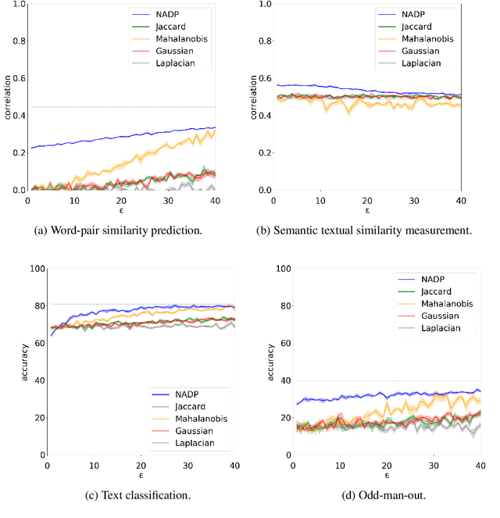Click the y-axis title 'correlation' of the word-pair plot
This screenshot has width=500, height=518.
point(8,97)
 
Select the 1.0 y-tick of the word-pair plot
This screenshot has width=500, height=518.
point(16,5)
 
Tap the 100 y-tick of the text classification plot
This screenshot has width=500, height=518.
point(34,269)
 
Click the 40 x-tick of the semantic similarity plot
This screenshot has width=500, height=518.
point(461,200)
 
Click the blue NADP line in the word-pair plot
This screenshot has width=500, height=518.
point(117,137)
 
